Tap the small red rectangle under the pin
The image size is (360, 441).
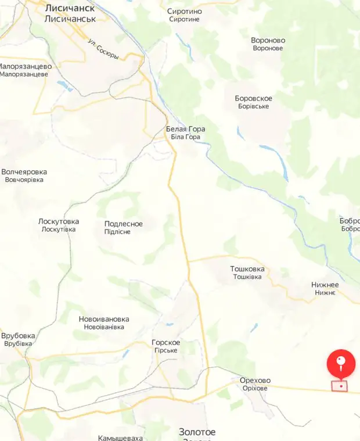click(x=340, y=386)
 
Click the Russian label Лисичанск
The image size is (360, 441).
click(x=70, y=8)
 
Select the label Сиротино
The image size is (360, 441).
click(x=185, y=11)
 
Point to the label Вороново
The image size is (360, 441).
click(x=268, y=40)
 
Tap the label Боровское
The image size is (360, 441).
click(x=253, y=98)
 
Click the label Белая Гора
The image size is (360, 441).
click(x=185, y=129)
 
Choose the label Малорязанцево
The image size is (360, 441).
click(x=24, y=66)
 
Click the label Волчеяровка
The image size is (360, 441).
click(x=24, y=172)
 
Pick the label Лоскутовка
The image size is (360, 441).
click(x=58, y=221)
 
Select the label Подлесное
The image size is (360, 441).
click(x=123, y=224)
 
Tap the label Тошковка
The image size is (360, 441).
click(x=247, y=269)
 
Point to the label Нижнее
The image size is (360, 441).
click(x=325, y=285)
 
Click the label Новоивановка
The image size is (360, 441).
click(x=104, y=319)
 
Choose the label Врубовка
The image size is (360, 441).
click(x=18, y=336)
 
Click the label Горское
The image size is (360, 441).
click(x=165, y=342)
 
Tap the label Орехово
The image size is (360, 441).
click(x=255, y=381)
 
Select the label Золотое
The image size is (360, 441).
click(x=197, y=432)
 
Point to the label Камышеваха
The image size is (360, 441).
click(x=120, y=438)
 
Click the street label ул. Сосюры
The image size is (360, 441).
click(x=103, y=49)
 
